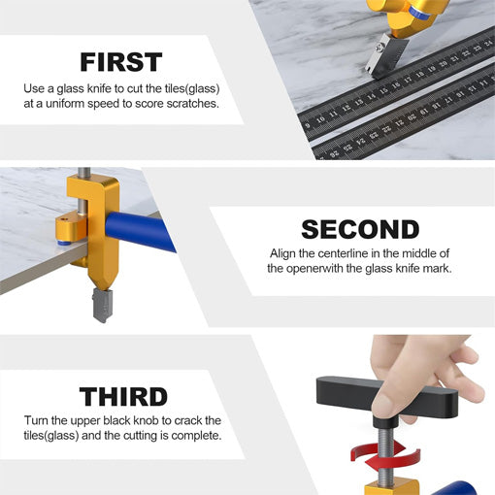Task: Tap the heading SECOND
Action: tap(360, 229)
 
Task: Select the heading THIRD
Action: tap(123, 396)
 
